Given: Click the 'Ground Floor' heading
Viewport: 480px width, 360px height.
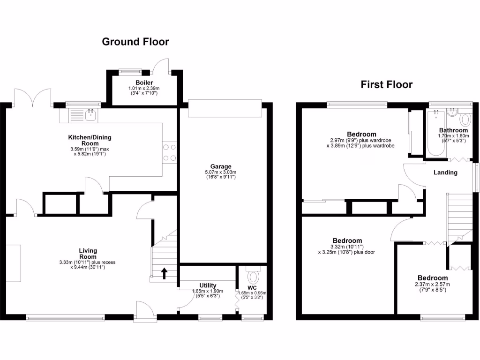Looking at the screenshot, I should pos(135,42).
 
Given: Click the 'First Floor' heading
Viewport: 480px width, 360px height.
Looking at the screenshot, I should pos(386,85).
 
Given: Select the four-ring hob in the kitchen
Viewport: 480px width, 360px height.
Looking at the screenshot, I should pos(169,153).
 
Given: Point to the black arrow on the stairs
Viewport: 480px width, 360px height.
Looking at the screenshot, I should pos(164,273).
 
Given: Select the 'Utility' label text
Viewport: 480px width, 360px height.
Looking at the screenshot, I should pos(208,285).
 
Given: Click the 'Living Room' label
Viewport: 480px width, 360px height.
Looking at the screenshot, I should pos(88,254).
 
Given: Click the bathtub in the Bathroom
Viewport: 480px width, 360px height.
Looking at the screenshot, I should pos(435,134).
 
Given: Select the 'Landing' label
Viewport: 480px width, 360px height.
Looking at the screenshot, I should pos(445,172).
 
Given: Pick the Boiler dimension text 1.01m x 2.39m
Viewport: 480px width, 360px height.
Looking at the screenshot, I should pos(144,88).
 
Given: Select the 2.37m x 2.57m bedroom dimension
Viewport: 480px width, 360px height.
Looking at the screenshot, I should pos(433,284).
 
